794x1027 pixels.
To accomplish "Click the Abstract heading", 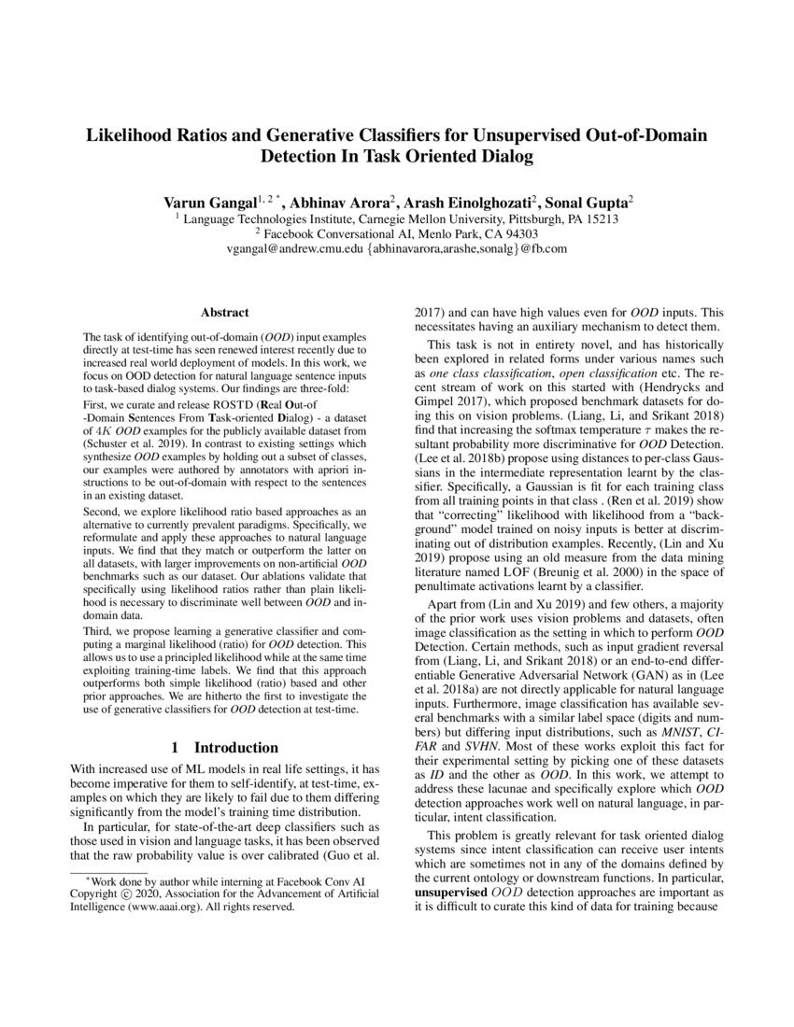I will click(224, 313).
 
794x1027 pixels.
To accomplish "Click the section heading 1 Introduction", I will click(224, 748).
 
